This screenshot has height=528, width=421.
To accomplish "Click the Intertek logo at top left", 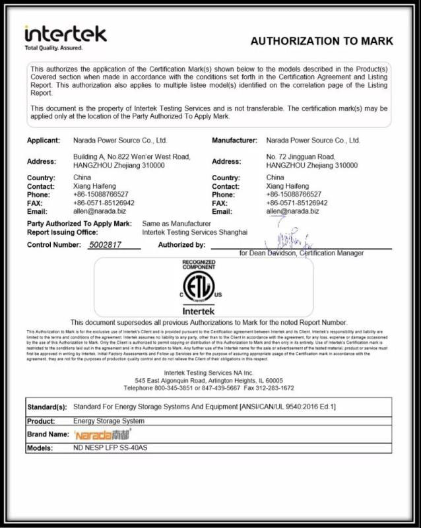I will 65,36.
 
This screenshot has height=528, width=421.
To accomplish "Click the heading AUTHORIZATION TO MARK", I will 321,41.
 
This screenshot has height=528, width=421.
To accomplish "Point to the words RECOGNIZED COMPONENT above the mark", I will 199,265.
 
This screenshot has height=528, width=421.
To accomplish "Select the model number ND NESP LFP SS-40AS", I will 112,447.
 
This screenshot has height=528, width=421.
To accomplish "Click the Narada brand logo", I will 102,434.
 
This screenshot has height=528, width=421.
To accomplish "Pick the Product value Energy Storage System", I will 108,420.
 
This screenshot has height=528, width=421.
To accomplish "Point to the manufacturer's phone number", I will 294,195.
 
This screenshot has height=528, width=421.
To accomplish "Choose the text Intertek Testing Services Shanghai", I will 195,232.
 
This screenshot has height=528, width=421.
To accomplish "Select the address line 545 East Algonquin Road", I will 209,381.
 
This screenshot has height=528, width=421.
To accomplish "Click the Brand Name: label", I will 48,434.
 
